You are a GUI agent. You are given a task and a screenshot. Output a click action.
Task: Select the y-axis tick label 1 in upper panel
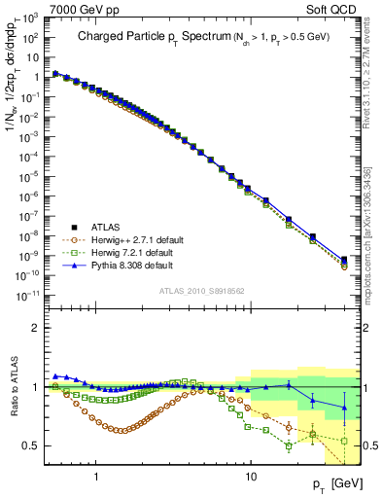tap(38, 77)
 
